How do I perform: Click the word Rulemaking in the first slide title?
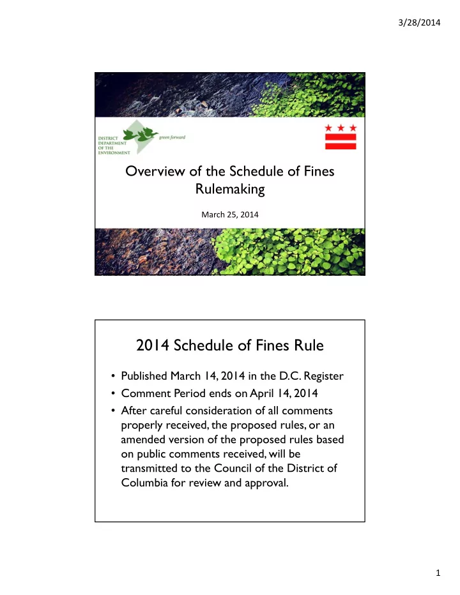tap(230, 190)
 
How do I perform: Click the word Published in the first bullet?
tap(150, 382)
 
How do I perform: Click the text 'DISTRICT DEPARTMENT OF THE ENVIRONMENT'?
tap(114, 144)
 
